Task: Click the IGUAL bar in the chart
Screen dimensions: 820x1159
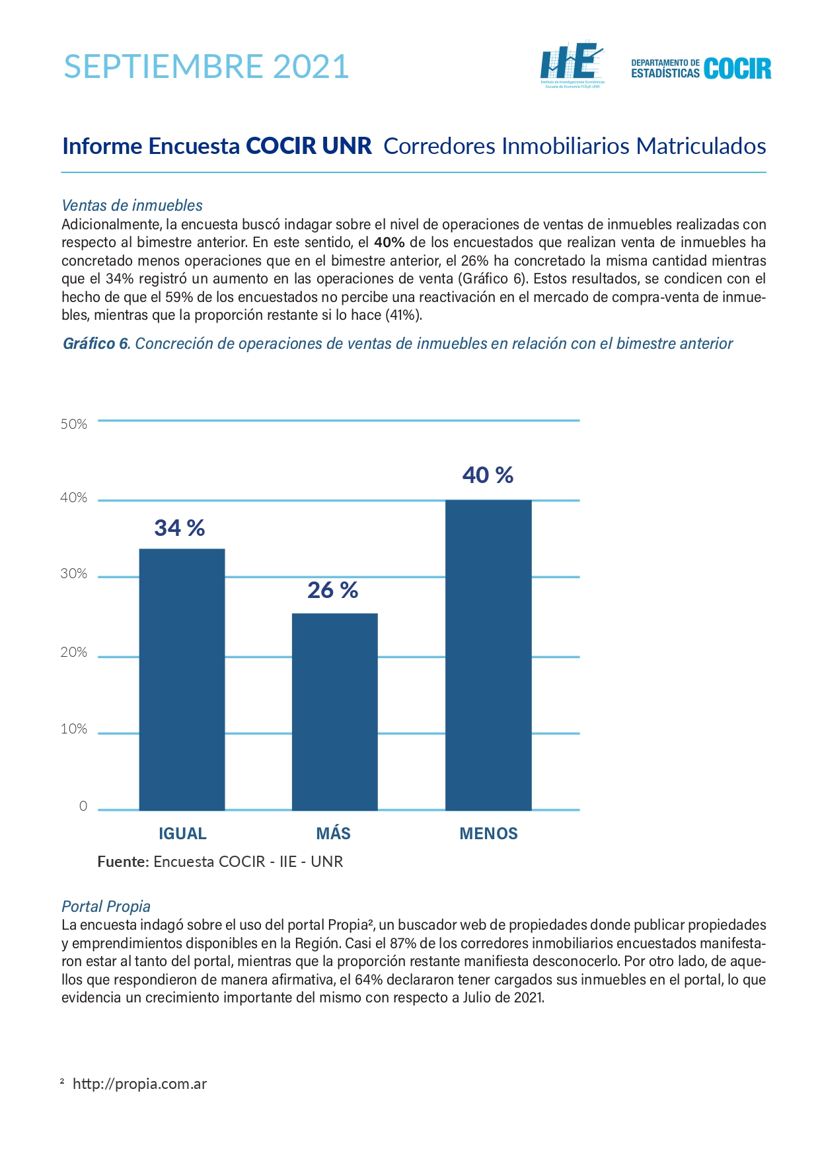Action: click(x=182, y=679)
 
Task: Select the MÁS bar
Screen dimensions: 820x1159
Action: click(x=335, y=712)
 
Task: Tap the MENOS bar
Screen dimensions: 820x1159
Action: click(x=488, y=655)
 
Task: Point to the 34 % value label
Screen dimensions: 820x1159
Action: click(x=180, y=528)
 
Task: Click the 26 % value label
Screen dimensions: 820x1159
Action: click(x=333, y=589)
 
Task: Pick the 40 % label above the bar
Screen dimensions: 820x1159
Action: click(x=488, y=475)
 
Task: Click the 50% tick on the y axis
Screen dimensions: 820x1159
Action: click(x=74, y=424)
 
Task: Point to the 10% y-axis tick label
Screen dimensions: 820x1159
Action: click(x=74, y=729)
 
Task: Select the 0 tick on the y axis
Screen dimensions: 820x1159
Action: click(x=83, y=805)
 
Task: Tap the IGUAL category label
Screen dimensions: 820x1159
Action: click(x=182, y=833)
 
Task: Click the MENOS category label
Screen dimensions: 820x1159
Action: click(x=488, y=833)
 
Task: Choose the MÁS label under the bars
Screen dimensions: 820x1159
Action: click(x=334, y=833)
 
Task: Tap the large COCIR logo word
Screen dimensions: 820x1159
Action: click(x=737, y=69)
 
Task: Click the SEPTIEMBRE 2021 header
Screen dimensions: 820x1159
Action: click(x=206, y=67)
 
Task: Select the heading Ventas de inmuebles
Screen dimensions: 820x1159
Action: click(x=132, y=206)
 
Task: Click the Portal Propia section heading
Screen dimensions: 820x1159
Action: click(x=106, y=907)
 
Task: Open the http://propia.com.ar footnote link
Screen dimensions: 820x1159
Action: click(x=139, y=1084)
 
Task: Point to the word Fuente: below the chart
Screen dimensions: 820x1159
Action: click(x=124, y=862)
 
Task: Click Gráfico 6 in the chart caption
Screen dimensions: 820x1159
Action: click(x=96, y=344)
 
